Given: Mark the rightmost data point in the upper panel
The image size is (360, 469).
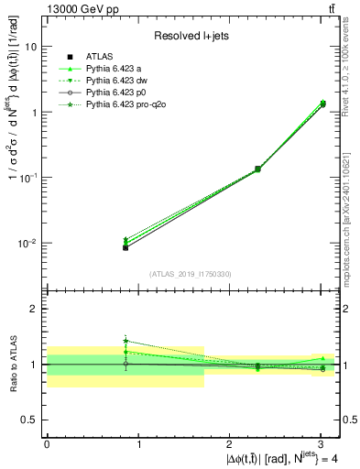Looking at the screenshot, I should point(322,104).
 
